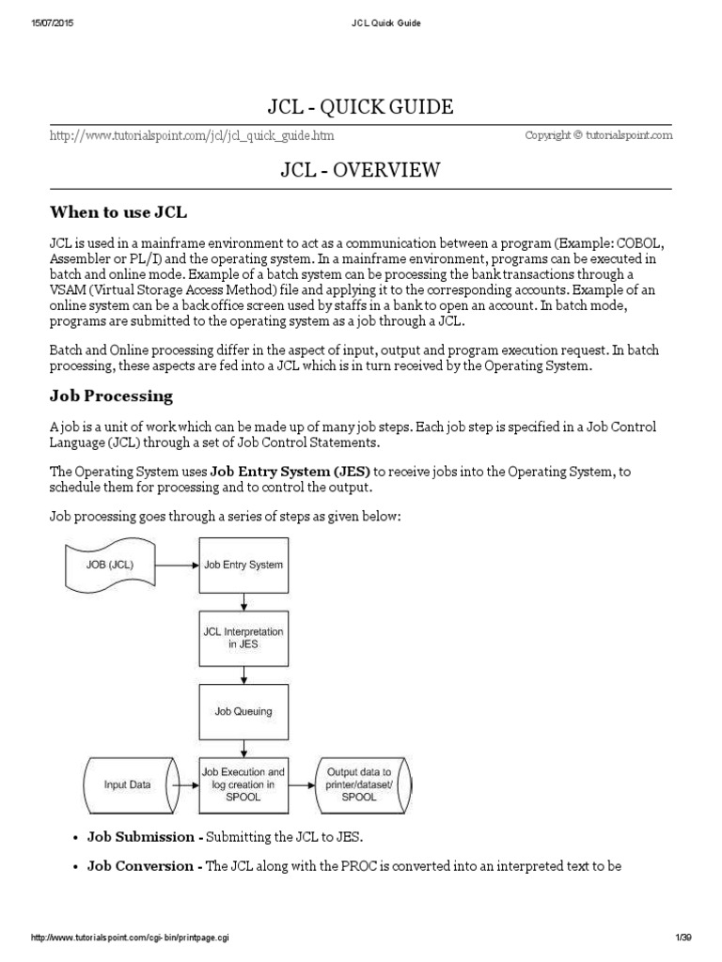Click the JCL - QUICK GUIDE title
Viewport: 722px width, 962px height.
(361, 107)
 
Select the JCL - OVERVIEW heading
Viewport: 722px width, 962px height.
(361, 169)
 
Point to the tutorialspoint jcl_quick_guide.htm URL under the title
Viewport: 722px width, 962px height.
(191, 136)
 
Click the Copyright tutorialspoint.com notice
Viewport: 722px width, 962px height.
(598, 135)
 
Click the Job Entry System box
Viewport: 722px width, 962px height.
(243, 565)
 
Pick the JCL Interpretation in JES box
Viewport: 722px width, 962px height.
(243, 638)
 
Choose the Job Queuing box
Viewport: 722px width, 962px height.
(243, 711)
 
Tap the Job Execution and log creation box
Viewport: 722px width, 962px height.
(243, 783)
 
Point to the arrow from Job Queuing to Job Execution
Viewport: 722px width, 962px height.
(243, 747)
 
